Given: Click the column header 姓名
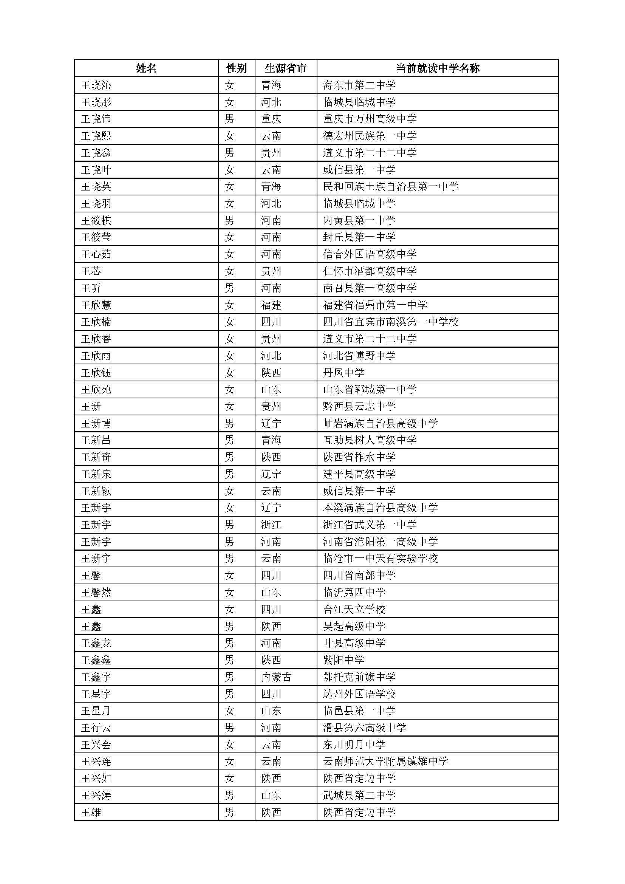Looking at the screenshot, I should [146, 68].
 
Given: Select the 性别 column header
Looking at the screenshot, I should [236, 68].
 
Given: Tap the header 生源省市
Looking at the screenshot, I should [286, 68].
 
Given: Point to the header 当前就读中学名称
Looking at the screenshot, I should [438, 68].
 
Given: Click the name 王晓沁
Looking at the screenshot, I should [96, 85].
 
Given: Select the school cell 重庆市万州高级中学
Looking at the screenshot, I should [370, 119].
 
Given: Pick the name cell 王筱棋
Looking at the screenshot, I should [96, 221].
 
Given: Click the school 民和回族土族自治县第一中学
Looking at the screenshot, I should [391, 187].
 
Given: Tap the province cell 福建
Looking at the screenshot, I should [271, 305].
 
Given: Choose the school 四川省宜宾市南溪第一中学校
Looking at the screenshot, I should [391, 322].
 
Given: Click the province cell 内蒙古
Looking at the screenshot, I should [276, 677].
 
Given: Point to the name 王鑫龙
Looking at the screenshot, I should [96, 643].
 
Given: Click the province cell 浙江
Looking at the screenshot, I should [271, 525].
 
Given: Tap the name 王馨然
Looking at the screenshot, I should [96, 593].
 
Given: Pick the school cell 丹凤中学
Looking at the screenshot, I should [343, 373].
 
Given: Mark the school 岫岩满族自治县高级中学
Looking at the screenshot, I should [380, 424].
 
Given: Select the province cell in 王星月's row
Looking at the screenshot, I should [271, 711].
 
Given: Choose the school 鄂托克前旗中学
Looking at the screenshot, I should [359, 677].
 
